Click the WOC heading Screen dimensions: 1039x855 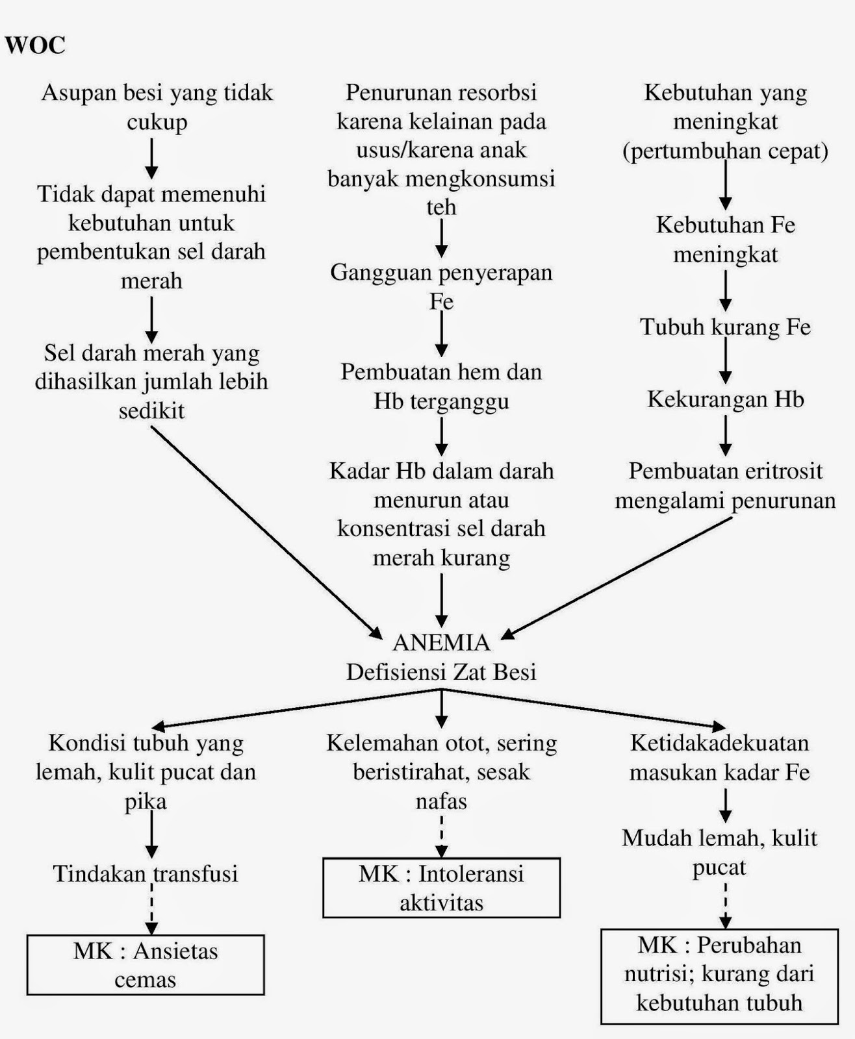(x=35, y=45)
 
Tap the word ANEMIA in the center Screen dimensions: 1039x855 (x=441, y=642)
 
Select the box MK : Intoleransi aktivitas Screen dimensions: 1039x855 (x=441, y=888)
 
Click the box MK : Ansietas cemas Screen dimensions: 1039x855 (x=146, y=965)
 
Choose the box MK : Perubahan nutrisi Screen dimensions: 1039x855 (x=719, y=974)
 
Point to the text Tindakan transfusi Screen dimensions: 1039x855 (x=146, y=873)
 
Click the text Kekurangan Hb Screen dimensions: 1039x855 (x=725, y=399)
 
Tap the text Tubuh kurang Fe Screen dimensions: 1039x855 (x=725, y=326)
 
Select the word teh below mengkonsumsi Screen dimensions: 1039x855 (x=441, y=207)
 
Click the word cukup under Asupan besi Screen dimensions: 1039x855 (x=157, y=121)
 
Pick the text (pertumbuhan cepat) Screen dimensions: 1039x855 (x=725, y=151)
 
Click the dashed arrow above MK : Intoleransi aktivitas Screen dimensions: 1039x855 (x=442, y=836)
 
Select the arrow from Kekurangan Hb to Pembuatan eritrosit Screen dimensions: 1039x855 (x=726, y=435)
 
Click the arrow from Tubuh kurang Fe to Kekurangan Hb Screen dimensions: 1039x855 (x=726, y=362)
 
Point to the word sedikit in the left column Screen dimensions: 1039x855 (x=151, y=410)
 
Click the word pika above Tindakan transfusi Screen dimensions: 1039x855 (x=146, y=801)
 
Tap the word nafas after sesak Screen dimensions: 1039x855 (x=441, y=801)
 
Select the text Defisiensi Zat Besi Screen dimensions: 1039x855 (x=441, y=671)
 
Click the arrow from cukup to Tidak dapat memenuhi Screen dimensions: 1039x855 (x=151, y=158)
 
